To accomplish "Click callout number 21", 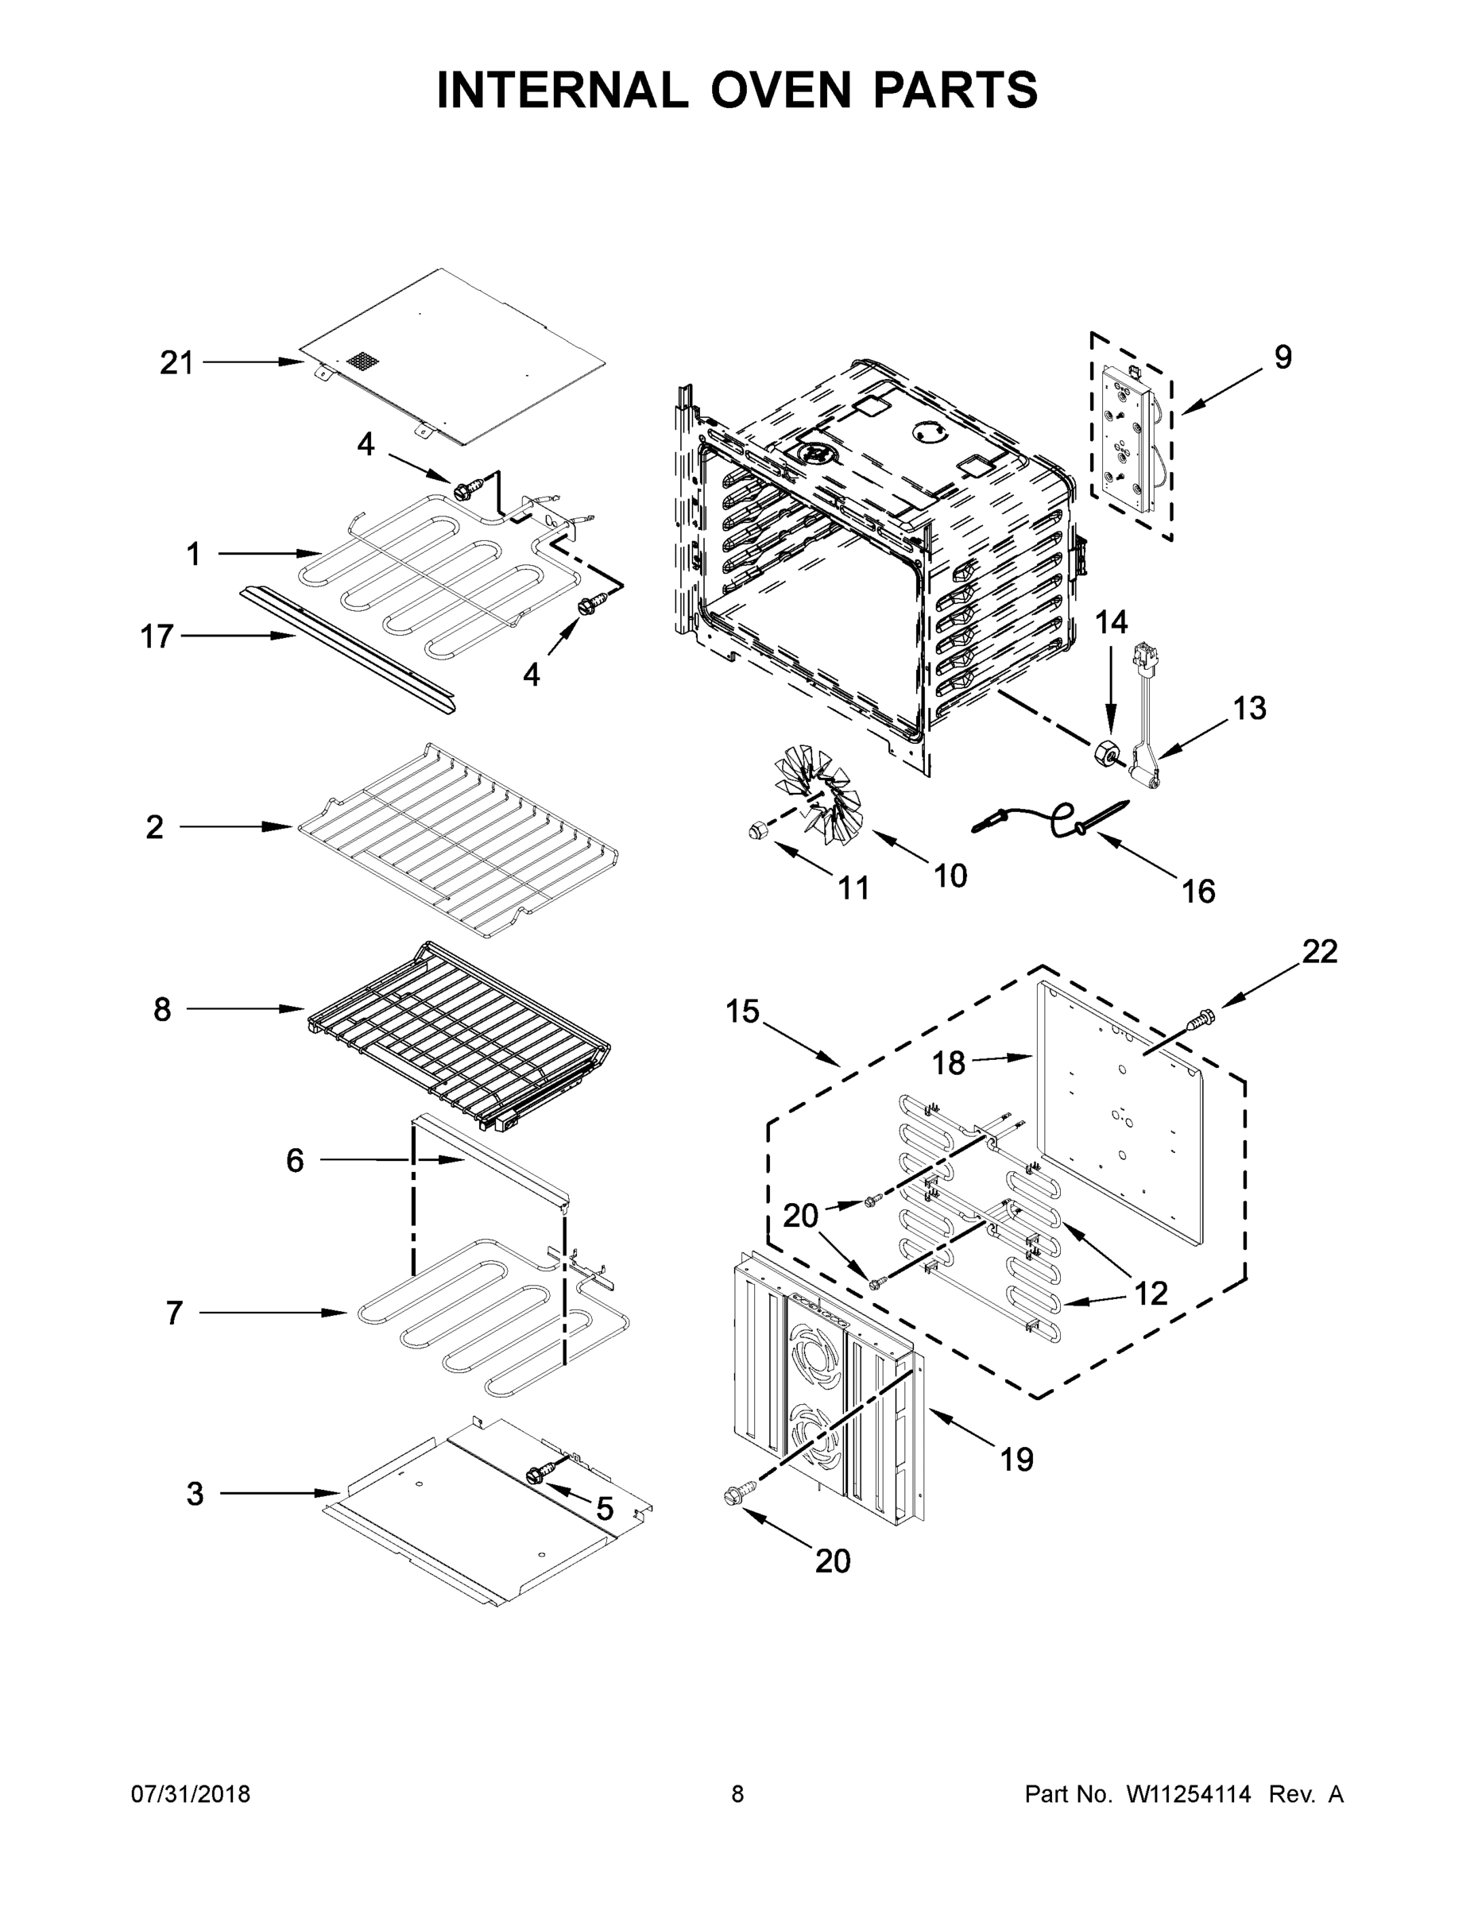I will [x=176, y=362].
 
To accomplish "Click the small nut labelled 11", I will [x=757, y=830].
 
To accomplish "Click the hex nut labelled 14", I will [x=1106, y=752].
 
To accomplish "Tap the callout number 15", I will [x=743, y=1012].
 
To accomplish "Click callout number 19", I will [x=1017, y=1459].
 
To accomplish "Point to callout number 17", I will [x=157, y=636].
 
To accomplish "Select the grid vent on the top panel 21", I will [x=359, y=360].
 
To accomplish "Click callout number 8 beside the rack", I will [x=162, y=1009].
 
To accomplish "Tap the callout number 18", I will [x=948, y=1063].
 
